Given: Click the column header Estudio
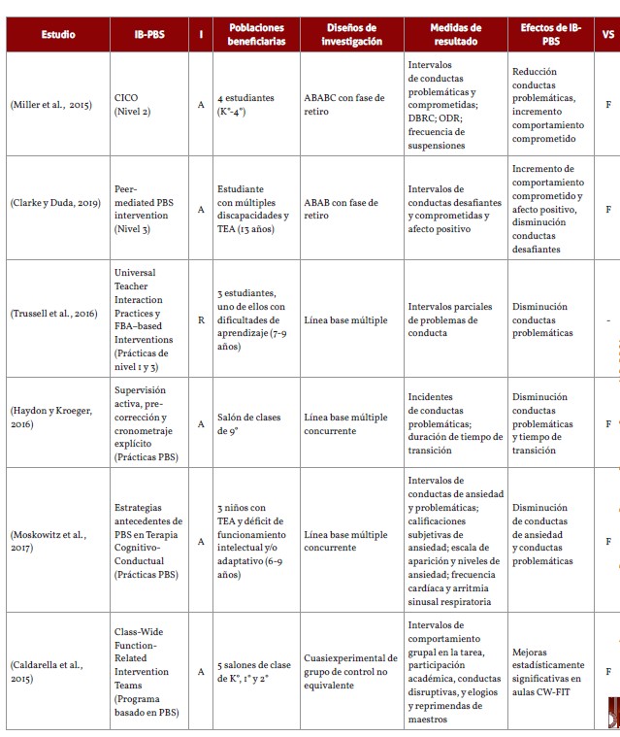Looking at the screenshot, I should click(58, 35).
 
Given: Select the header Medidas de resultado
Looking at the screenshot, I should click(455, 35).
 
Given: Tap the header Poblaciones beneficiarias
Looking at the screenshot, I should click(256, 35).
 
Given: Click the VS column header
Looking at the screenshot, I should click(607, 35).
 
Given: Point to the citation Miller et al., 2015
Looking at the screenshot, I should click(50, 105).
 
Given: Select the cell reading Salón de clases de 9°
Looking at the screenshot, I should click(249, 423).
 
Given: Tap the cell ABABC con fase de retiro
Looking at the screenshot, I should click(343, 105).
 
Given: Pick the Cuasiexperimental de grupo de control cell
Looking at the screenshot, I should click(350, 671).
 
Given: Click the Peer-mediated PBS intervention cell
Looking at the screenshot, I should click(147, 209).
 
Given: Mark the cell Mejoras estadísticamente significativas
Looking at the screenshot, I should click(548, 671).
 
